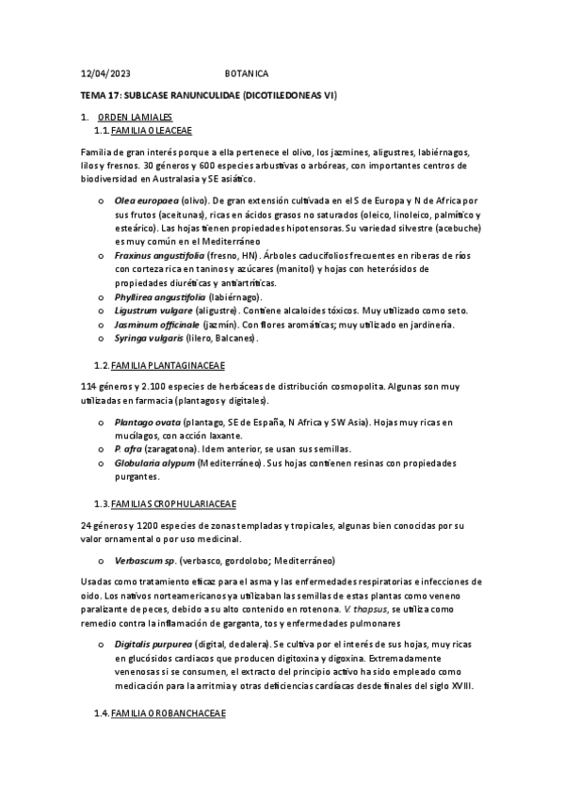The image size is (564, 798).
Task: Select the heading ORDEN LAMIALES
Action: [x=135, y=117]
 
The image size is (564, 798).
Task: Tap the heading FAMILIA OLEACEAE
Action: [x=152, y=130]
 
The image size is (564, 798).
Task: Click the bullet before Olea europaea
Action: [x=101, y=201]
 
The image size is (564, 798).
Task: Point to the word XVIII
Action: [x=461, y=686]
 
